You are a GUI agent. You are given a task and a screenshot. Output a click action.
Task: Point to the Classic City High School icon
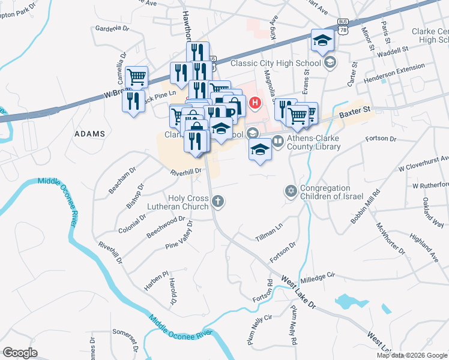tap(330, 62)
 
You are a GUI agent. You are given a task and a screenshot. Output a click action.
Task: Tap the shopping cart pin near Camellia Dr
tap(137, 77)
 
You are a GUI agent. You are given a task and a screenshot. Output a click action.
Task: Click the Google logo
tap(20, 353)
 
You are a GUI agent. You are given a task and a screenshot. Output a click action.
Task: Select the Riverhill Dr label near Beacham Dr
tap(185, 172)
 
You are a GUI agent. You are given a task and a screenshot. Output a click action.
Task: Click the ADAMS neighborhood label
tap(89, 134)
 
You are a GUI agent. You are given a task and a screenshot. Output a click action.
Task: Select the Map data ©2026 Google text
tap(411, 355)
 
